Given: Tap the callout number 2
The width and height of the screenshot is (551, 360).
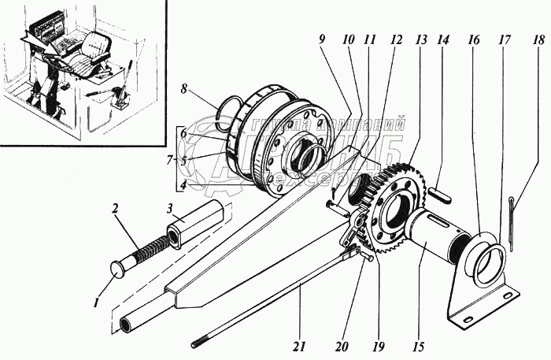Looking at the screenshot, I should pos(116,209).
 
